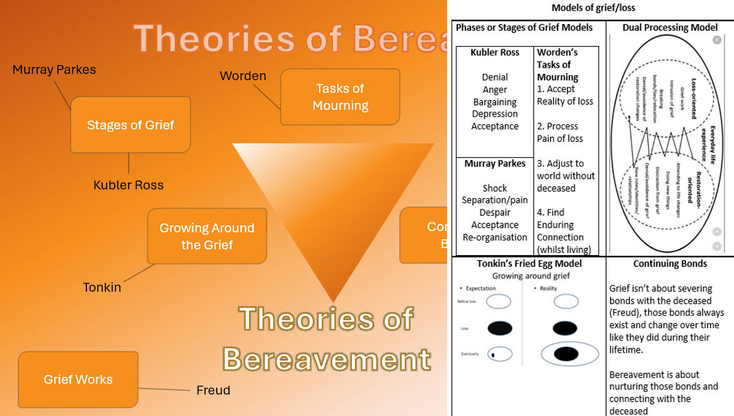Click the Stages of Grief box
(130, 125)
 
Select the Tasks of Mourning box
(340, 97)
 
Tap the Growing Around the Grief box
(207, 236)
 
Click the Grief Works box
(78, 379)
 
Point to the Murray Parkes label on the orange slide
(54, 69)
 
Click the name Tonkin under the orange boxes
(102, 287)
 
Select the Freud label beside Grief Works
(213, 390)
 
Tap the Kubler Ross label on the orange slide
(129, 185)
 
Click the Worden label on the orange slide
(243, 76)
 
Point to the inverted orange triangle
(333, 202)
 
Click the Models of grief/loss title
(593, 8)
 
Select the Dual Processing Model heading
(670, 27)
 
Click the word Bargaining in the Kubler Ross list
(495, 102)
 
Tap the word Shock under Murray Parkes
(495, 188)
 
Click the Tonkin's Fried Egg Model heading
(529, 264)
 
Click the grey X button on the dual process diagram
(717, 40)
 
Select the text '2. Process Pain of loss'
(560, 133)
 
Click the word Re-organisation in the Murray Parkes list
(495, 237)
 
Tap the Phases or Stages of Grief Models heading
(524, 27)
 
